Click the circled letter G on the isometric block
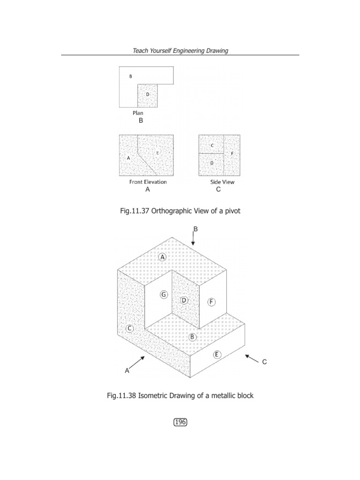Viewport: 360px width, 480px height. pyautogui.click(x=163, y=295)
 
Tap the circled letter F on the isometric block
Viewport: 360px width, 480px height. pyautogui.click(x=212, y=302)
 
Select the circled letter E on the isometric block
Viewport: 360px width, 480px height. pyautogui.click(x=217, y=354)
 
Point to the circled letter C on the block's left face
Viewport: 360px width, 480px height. pyautogui.click(x=130, y=329)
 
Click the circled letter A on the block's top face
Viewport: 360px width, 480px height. pyautogui.click(x=163, y=257)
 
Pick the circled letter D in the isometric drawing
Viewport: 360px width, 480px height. pyautogui.click(x=184, y=300)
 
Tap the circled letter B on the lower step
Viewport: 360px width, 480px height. pyautogui.click(x=192, y=337)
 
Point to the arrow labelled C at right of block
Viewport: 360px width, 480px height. pyautogui.click(x=252, y=359)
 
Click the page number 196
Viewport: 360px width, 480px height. pyautogui.click(x=180, y=422)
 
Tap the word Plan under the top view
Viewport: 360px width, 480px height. pyautogui.click(x=138, y=113)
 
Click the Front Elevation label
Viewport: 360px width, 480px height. pyautogui.click(x=148, y=182)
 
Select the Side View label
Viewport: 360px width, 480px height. pyautogui.click(x=222, y=182)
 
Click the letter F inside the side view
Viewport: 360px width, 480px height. pyautogui.click(x=232, y=153)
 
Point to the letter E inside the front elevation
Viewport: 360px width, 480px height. pyautogui.click(x=157, y=153)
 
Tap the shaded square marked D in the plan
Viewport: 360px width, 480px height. pyautogui.click(x=147, y=96)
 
